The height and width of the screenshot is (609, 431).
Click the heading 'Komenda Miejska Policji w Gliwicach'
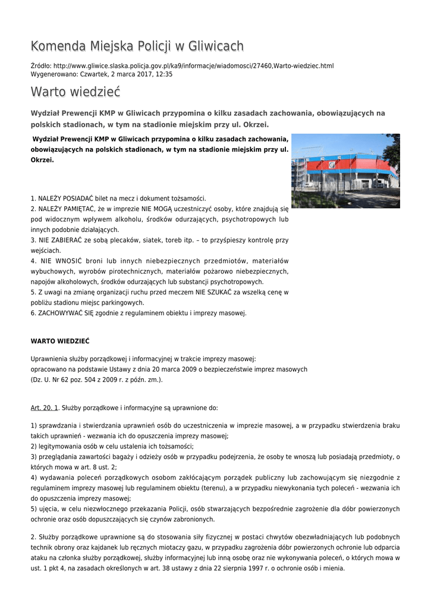[137, 46]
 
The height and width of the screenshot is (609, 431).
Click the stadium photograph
[345, 171]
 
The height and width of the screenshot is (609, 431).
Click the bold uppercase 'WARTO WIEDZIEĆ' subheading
[60, 341]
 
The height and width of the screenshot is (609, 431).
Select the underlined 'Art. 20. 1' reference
[45, 409]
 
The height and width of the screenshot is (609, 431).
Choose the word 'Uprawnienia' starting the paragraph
[50, 359]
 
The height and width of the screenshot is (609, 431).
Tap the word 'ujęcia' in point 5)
[47, 509]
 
